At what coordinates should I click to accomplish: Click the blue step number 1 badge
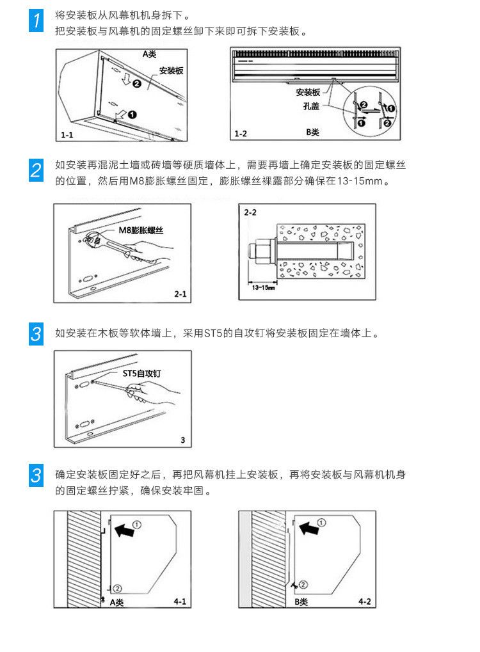[x=38, y=20]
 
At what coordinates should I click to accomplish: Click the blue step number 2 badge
[x=38, y=170]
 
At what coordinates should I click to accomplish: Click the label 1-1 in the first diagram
[x=68, y=135]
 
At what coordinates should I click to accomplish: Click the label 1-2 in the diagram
[x=241, y=134]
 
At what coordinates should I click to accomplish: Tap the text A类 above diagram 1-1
[x=149, y=54]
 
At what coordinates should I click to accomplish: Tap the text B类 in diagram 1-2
[x=313, y=132]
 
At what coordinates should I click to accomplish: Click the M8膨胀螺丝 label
[x=140, y=230]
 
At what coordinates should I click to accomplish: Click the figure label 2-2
[x=250, y=212]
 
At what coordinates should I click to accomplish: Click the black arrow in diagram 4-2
[x=309, y=529]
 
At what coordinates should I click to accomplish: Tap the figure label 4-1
[x=180, y=601]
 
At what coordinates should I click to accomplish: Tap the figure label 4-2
[x=365, y=601]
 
